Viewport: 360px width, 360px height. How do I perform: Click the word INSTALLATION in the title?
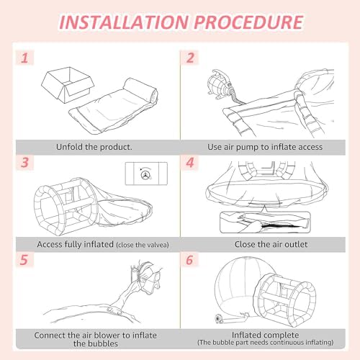pyautogui.click(x=124, y=22)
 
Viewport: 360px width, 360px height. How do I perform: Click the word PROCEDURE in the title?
pyautogui.click(x=248, y=22)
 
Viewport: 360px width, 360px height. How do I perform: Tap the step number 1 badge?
pyautogui.click(x=24, y=58)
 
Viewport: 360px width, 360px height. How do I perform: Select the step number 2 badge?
pyautogui.click(x=190, y=58)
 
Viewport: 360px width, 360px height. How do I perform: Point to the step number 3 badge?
pyautogui.click(x=24, y=163)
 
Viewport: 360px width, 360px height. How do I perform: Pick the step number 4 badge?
pyautogui.click(x=190, y=163)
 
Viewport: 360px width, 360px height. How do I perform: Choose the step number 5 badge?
pyautogui.click(x=24, y=260)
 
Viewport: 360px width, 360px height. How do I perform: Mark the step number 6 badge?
pyautogui.click(x=189, y=260)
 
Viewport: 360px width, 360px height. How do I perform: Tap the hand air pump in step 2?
pyautogui.click(x=220, y=84)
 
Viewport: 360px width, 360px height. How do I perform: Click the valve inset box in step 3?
pyautogui.click(x=146, y=174)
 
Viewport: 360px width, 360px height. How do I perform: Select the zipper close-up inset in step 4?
pyautogui.click(x=265, y=222)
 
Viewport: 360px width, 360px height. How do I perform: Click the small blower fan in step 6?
pyautogui.click(x=219, y=319)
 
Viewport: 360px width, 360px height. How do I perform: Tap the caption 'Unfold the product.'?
pyautogui.click(x=94, y=147)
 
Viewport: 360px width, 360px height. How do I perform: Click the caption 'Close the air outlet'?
pyautogui.click(x=271, y=244)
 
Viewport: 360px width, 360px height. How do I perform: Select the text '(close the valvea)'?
pyautogui.click(x=143, y=245)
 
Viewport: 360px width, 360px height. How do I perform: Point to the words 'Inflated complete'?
pyautogui.click(x=265, y=335)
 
